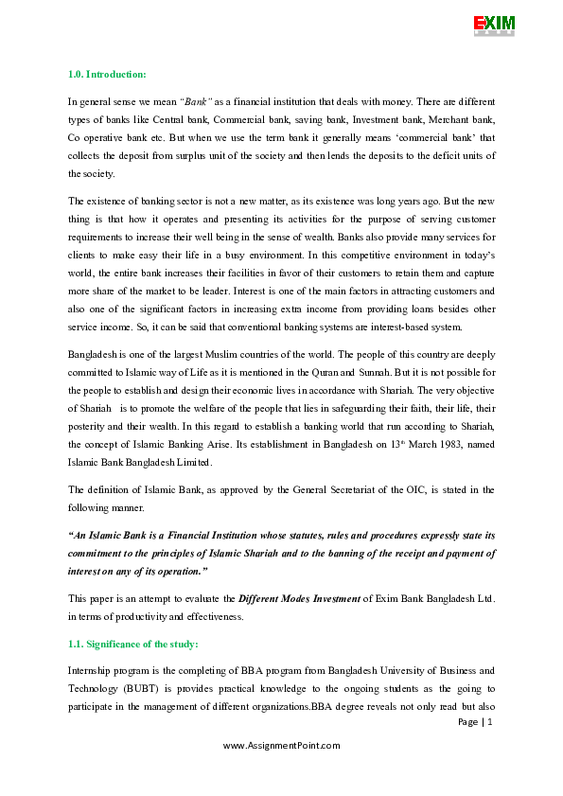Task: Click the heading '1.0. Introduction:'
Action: (106, 74)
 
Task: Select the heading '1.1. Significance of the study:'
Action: (132, 644)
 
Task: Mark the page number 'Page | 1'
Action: (475, 722)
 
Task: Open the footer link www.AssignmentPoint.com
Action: (281, 746)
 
